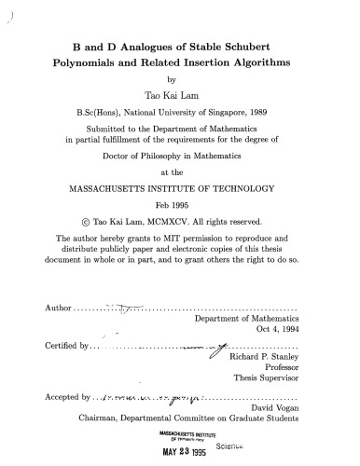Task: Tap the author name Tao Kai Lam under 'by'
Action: pyautogui.click(x=180, y=96)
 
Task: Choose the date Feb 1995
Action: pyautogui.click(x=180, y=205)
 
